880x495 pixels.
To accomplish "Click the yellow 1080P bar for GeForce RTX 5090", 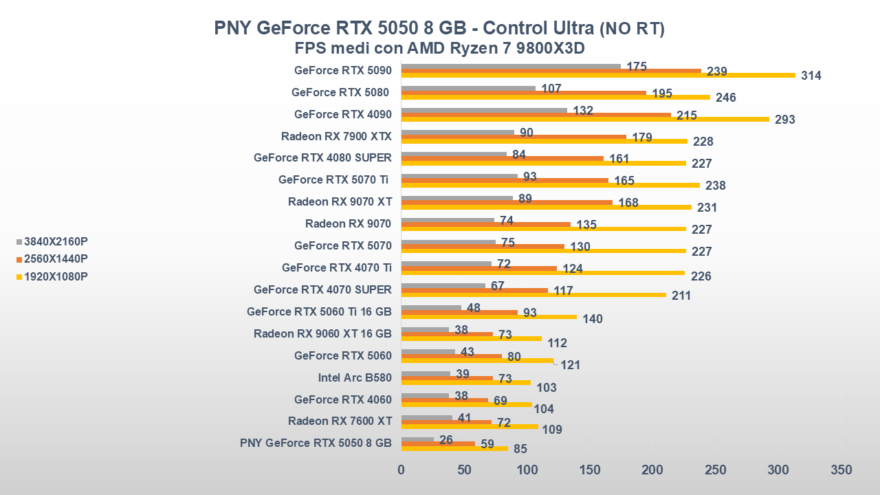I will [x=598, y=75].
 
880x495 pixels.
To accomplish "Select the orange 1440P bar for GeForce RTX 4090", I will [x=536, y=115].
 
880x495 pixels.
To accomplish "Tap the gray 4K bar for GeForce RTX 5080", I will [x=468, y=89].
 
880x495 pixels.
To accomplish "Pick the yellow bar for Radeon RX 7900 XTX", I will [x=544, y=141].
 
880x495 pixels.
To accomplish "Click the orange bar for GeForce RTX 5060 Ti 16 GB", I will [x=459, y=312].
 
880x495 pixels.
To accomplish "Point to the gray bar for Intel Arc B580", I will [x=426, y=374].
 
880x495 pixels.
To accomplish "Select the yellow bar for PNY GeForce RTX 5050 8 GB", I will [x=454, y=448].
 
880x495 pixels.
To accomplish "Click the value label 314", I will [x=811, y=76].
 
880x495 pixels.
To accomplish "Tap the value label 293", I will [x=784, y=120].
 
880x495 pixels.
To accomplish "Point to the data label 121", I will [x=570, y=365].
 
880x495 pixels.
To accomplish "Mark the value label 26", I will [x=445, y=440].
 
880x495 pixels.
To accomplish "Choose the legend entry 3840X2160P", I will [x=56, y=242].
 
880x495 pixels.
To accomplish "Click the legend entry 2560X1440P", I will [x=56, y=259].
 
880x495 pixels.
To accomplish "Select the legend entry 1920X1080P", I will [x=56, y=276].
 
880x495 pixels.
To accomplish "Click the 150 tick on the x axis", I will [x=590, y=470].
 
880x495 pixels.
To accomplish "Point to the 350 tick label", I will [x=841, y=470].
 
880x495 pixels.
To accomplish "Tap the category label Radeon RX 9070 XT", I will [x=340, y=201].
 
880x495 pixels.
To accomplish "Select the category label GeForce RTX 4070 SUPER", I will [x=322, y=289].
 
